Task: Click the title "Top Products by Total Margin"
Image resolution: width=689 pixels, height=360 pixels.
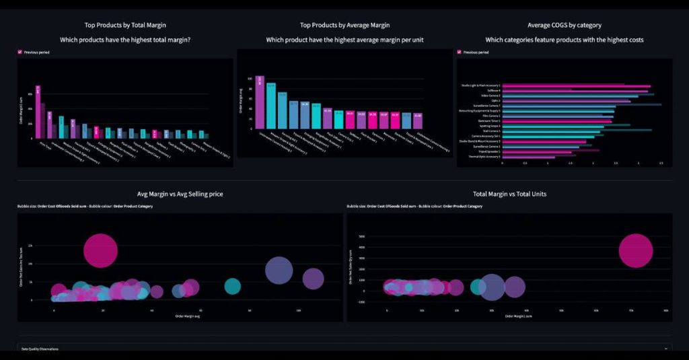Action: tap(125, 25)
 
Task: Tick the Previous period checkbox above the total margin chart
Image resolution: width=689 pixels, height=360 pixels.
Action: tap(20, 52)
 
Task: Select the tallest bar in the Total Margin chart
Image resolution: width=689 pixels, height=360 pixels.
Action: tap(38, 111)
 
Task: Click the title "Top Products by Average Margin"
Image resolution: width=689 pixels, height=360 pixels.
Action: tap(344, 25)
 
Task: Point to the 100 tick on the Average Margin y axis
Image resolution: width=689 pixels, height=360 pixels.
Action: tap(250, 79)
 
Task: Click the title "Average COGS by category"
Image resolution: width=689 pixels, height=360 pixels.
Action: tap(565, 25)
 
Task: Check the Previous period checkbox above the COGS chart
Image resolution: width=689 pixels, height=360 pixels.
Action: tap(459, 52)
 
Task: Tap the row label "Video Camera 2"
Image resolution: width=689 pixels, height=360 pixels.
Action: tap(489, 96)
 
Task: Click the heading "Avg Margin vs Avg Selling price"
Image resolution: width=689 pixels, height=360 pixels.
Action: tap(180, 194)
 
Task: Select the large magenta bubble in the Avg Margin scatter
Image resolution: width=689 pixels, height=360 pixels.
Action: tap(101, 251)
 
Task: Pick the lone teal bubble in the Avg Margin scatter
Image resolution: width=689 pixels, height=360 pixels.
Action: tap(232, 286)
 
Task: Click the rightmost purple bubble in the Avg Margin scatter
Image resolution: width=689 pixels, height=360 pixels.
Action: tap(314, 279)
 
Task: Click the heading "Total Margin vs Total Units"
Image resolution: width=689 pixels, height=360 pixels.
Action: tap(509, 194)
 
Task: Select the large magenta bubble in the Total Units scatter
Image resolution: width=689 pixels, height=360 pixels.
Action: tap(635, 251)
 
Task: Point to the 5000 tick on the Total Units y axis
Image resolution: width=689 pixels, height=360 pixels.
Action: tap(363, 237)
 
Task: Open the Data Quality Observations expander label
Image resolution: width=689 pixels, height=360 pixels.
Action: tap(39, 349)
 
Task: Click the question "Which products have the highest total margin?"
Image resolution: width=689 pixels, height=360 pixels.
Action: tap(125, 40)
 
